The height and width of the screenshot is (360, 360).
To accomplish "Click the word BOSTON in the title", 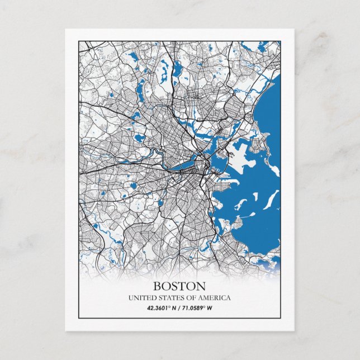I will pos(179,286).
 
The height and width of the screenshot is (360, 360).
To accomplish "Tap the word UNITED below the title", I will pos(140,297).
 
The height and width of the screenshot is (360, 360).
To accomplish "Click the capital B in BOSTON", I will pos(157,286).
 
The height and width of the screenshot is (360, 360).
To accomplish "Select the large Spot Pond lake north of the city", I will pos(177,70).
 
